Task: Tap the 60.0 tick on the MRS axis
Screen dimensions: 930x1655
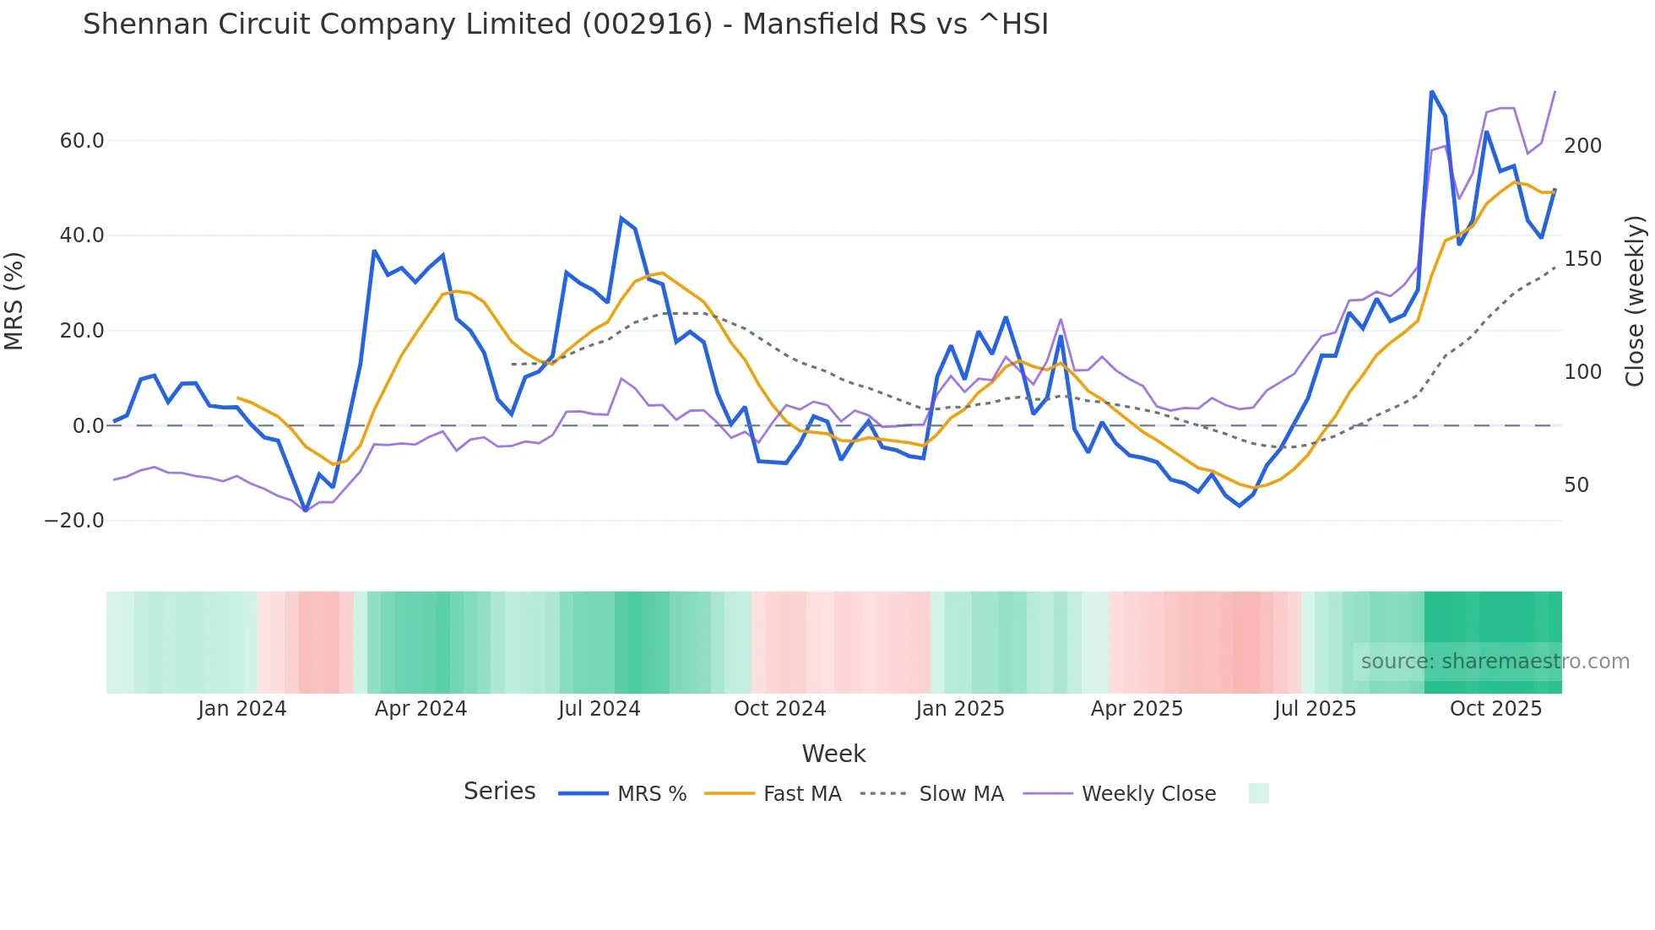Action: [x=82, y=141]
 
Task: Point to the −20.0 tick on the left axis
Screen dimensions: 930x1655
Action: [x=74, y=521]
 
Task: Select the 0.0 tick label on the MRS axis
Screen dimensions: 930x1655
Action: [x=88, y=426]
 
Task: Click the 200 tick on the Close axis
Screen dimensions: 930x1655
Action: [x=1582, y=146]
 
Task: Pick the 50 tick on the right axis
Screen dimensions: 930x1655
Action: [x=1576, y=485]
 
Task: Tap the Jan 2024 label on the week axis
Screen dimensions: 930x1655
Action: [x=242, y=709]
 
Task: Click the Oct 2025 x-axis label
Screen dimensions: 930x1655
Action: [x=1495, y=709]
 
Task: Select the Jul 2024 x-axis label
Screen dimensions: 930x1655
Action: [x=599, y=709]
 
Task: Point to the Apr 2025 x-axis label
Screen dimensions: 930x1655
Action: [x=1137, y=709]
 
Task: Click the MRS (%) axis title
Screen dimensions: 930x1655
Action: [x=14, y=300]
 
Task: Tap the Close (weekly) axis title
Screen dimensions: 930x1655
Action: [x=1635, y=300]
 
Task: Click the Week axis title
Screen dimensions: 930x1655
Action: [x=833, y=754]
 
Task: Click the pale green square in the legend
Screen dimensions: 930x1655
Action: [x=1258, y=793]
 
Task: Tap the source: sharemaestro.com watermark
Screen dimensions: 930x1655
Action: [x=1495, y=662]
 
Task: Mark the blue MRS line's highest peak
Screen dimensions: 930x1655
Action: [x=1431, y=91]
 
